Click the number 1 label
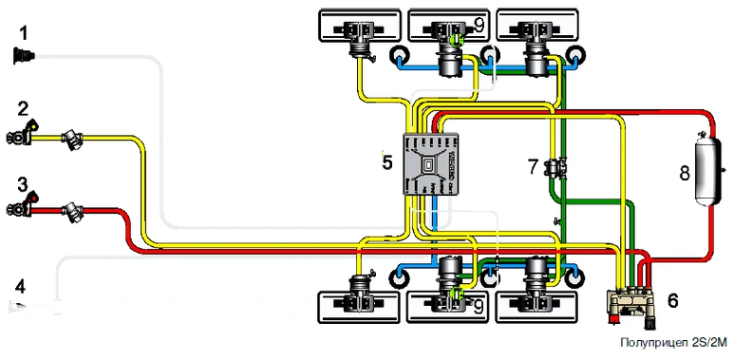tap(24, 33)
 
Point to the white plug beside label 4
tap(35, 307)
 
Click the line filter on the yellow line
tap(73, 140)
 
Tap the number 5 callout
tap(387, 162)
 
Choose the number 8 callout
tap(685, 174)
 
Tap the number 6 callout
tap(672, 301)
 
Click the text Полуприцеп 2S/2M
tap(673, 343)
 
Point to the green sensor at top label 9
tap(456, 40)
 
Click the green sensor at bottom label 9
tap(456, 294)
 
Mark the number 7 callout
tap(535, 167)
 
